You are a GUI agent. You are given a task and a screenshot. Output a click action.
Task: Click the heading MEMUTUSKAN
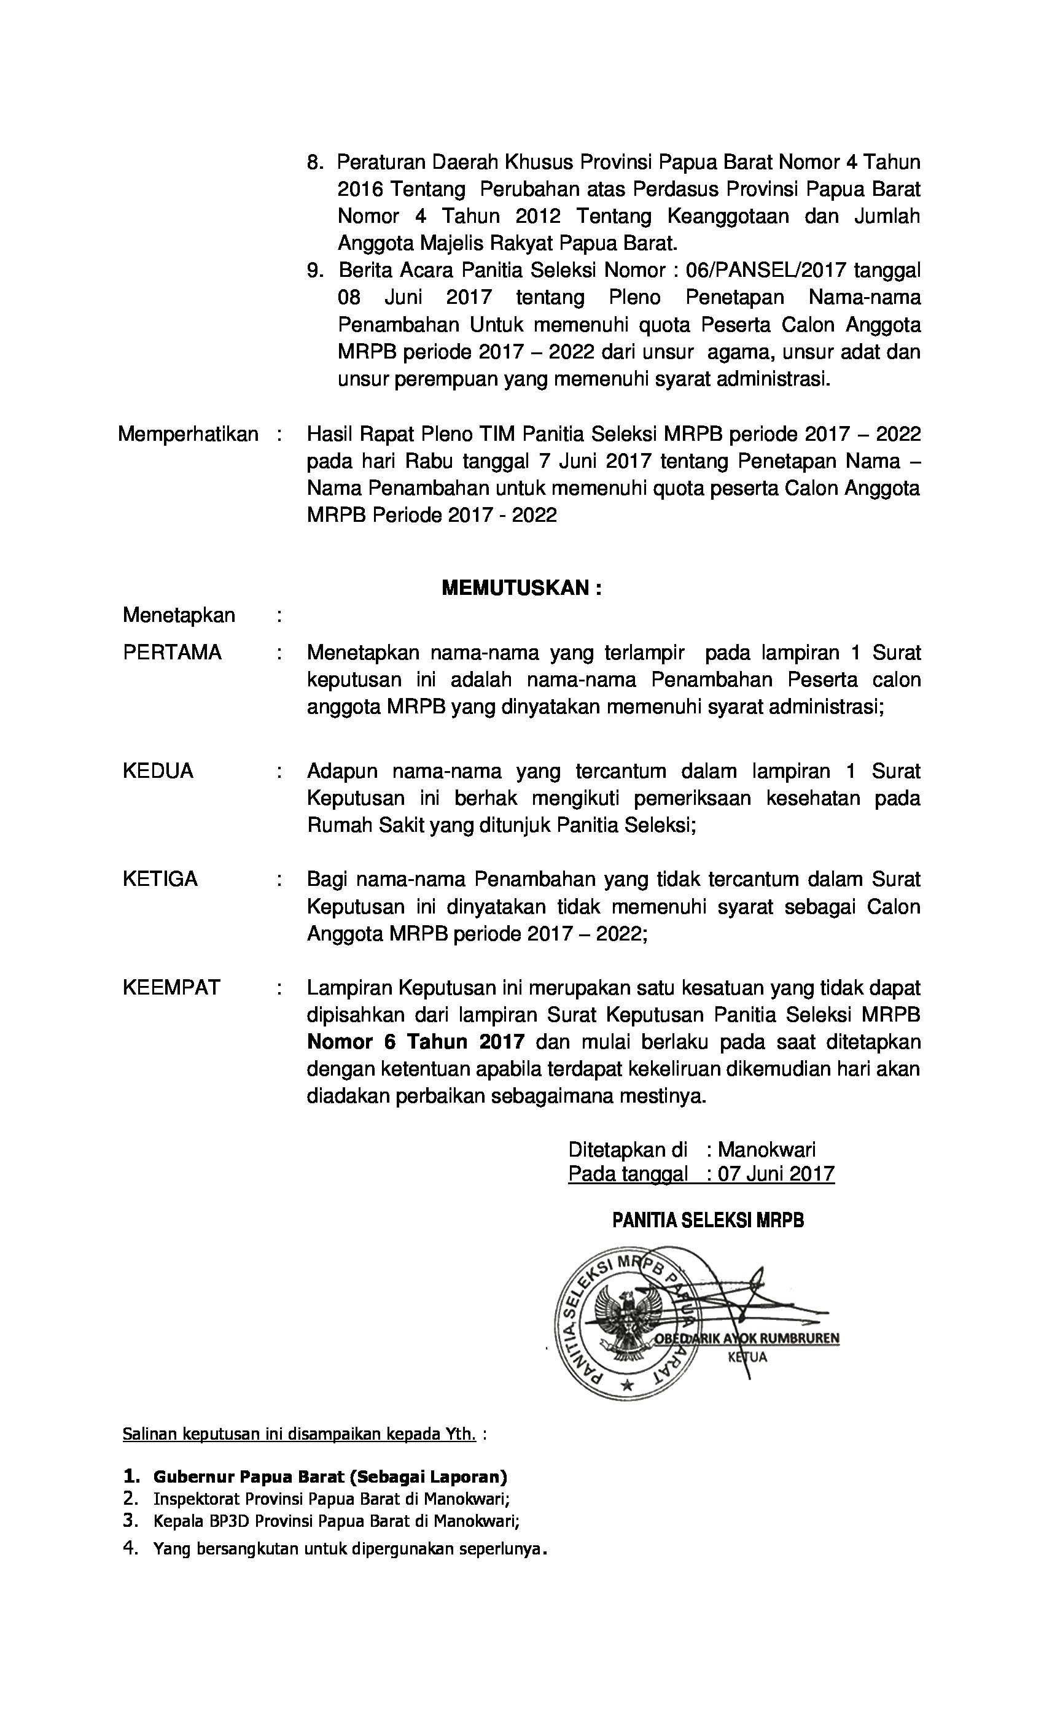[521, 588]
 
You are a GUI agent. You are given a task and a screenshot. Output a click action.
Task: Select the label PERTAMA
[172, 652]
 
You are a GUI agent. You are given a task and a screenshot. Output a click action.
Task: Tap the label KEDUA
[158, 771]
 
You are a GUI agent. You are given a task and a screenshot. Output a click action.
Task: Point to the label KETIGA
[160, 879]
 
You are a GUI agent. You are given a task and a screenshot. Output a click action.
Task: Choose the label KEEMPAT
[171, 987]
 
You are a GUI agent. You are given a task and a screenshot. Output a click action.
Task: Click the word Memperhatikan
[188, 434]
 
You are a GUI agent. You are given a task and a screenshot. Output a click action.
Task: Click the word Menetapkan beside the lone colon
[179, 615]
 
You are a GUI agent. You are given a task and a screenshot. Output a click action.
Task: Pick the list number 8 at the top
[314, 163]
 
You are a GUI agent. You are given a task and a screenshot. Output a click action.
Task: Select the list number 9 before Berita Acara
[314, 270]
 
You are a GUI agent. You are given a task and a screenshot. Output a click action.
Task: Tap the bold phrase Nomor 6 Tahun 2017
[415, 1042]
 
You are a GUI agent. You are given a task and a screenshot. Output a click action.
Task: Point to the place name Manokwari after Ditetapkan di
[766, 1150]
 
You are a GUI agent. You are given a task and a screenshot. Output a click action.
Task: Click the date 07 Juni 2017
[776, 1173]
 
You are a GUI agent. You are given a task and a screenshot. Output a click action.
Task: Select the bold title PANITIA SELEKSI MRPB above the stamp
[707, 1220]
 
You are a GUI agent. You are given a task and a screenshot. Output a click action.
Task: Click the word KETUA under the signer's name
[747, 1357]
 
